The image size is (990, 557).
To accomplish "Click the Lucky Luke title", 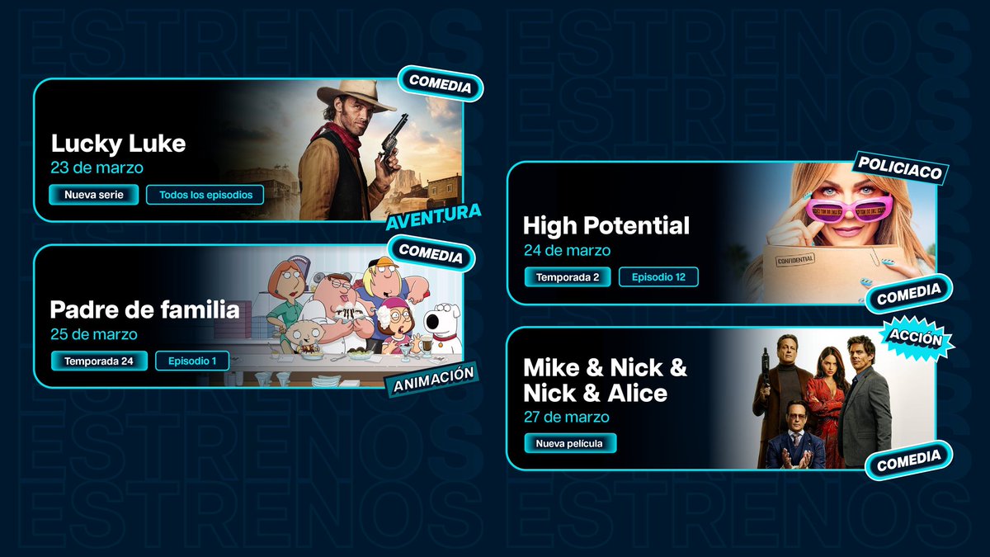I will pyautogui.click(x=118, y=144).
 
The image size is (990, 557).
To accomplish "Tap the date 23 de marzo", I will pyautogui.click(x=97, y=168).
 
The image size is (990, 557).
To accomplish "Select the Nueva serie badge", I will pyautogui.click(x=93, y=195).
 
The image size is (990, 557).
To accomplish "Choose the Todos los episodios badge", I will pyautogui.click(x=205, y=195).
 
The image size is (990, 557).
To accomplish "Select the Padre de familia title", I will pyautogui.click(x=144, y=310).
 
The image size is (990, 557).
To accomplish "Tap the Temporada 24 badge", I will pyautogui.click(x=99, y=361).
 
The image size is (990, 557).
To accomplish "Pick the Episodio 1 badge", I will pyautogui.click(x=192, y=361).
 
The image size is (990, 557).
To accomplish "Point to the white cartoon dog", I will pyautogui.click(x=443, y=326).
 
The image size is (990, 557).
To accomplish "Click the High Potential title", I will pyautogui.click(x=606, y=225).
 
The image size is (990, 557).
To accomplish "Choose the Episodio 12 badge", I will pyautogui.click(x=658, y=277).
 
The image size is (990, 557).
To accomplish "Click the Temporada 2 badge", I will pyautogui.click(x=568, y=277).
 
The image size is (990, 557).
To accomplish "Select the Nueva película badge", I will pyautogui.click(x=570, y=443).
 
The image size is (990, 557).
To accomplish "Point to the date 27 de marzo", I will pyautogui.click(x=567, y=417).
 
